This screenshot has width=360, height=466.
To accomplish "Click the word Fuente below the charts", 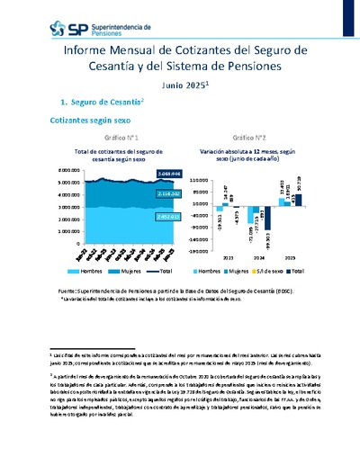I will click(x=67, y=291).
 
